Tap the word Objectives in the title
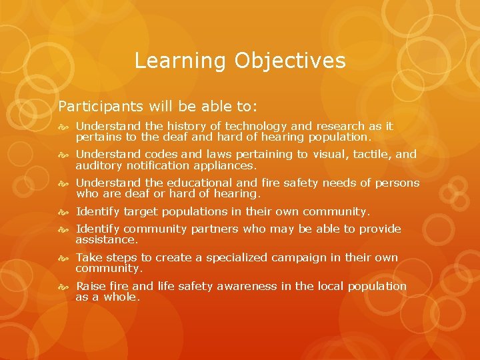[x=290, y=61]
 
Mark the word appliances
[x=223, y=165]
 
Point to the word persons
[x=397, y=183]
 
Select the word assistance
[x=107, y=239]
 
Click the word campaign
[x=303, y=258]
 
